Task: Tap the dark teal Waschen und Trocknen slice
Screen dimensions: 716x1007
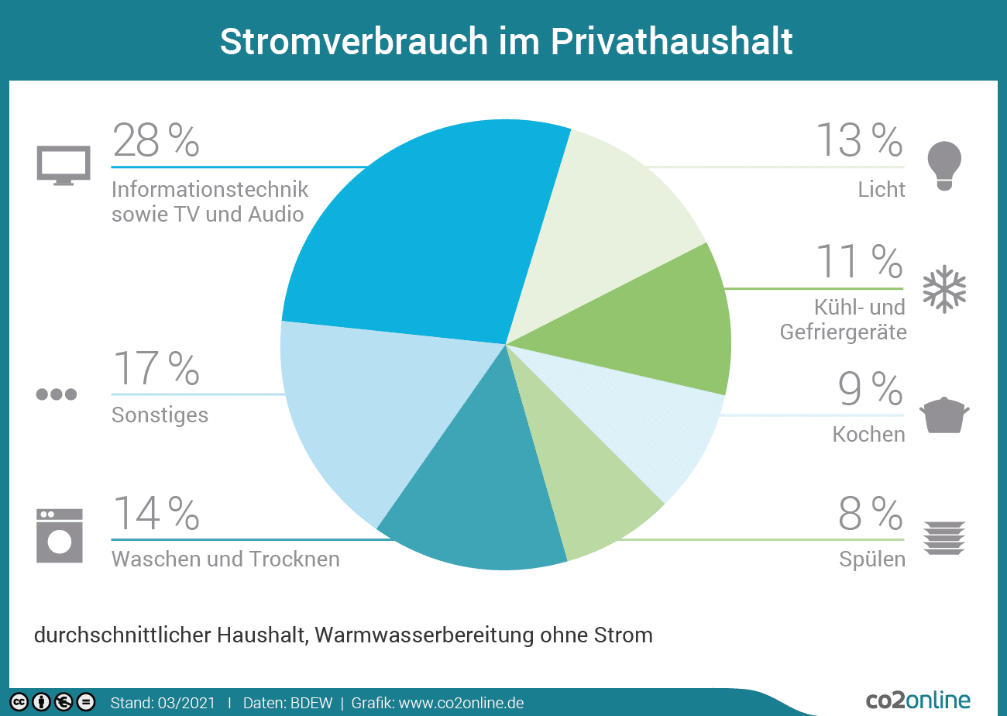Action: tap(473, 504)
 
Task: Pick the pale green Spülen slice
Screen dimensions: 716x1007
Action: tap(581, 496)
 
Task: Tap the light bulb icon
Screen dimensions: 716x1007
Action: tap(944, 165)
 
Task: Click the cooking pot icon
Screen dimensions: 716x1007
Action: tap(944, 415)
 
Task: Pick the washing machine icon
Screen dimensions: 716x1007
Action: tap(60, 535)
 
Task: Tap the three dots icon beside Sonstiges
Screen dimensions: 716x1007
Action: tap(57, 394)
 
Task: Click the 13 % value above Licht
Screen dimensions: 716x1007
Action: tap(859, 140)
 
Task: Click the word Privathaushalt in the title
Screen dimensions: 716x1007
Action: tap(672, 41)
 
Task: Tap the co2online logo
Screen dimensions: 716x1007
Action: tap(918, 701)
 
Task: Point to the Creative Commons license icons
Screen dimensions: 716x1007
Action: tap(52, 702)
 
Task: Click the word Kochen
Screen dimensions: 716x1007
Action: tap(868, 434)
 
